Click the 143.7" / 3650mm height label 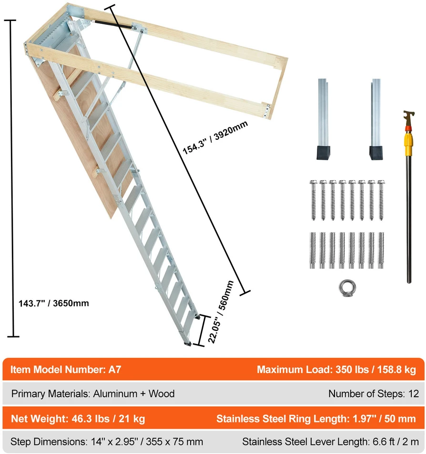[x=53, y=303]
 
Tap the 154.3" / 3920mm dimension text [x=215, y=137]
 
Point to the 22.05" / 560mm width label [x=221, y=311]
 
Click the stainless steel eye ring [x=347, y=289]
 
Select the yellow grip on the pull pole [x=409, y=144]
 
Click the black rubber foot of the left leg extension [x=323, y=153]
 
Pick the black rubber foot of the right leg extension [x=376, y=153]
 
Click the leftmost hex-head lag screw [x=314, y=200]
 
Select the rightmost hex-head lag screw [x=381, y=200]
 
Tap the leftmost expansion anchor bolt [x=313, y=250]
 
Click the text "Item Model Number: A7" [x=66, y=370]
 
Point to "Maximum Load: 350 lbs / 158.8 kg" [x=336, y=370]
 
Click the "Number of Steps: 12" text [x=374, y=393]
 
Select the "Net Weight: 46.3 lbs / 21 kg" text [x=78, y=419]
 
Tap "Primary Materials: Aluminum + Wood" [x=93, y=393]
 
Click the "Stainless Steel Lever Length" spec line [x=331, y=442]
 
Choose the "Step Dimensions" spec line [x=107, y=442]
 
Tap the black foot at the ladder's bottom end [x=188, y=344]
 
